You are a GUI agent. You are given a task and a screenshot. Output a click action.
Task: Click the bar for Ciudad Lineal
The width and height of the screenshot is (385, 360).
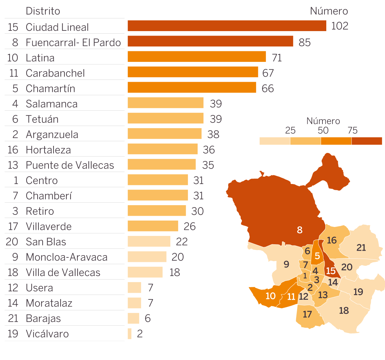(x=227, y=26)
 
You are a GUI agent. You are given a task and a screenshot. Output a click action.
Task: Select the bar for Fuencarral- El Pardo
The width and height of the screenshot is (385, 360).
(x=210, y=41)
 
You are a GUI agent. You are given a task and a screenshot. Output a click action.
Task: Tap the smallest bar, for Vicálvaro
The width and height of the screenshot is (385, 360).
(x=130, y=334)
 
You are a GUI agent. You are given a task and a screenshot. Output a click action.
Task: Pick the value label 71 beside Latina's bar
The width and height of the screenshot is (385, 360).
(x=277, y=58)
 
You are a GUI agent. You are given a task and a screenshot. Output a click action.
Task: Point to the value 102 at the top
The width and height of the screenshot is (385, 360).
(x=339, y=26)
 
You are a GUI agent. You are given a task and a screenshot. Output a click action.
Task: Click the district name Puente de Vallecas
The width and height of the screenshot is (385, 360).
(x=70, y=165)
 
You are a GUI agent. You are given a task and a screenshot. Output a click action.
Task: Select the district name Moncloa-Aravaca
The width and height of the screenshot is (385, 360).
(x=66, y=257)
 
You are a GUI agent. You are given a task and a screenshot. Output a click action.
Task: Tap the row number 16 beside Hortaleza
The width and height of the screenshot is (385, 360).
(x=13, y=150)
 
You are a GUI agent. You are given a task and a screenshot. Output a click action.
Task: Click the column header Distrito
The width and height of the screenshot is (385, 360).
(x=43, y=11)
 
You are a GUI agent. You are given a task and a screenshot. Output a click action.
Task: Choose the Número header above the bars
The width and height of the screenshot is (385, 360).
(x=329, y=11)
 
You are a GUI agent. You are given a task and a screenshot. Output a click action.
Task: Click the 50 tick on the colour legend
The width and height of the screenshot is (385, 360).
(x=323, y=130)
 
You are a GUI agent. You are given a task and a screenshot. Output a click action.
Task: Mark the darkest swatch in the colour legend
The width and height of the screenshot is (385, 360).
(x=367, y=141)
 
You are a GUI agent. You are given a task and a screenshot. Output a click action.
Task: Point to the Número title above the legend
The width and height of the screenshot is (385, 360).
(x=323, y=121)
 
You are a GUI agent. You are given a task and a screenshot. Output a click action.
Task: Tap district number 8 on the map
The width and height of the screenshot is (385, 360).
(x=300, y=230)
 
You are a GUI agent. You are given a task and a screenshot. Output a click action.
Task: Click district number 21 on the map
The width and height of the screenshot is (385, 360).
(x=361, y=247)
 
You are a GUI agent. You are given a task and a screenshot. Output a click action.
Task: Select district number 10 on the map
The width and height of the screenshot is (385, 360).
(x=270, y=296)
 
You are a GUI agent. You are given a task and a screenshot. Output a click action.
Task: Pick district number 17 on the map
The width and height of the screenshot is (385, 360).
(x=307, y=314)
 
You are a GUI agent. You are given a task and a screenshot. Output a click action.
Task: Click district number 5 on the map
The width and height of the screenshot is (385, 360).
(x=317, y=256)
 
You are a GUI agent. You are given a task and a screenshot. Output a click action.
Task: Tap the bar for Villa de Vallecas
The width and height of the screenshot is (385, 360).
(x=145, y=272)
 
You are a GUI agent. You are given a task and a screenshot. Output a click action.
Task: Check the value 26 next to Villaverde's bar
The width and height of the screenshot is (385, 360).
(x=190, y=226)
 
